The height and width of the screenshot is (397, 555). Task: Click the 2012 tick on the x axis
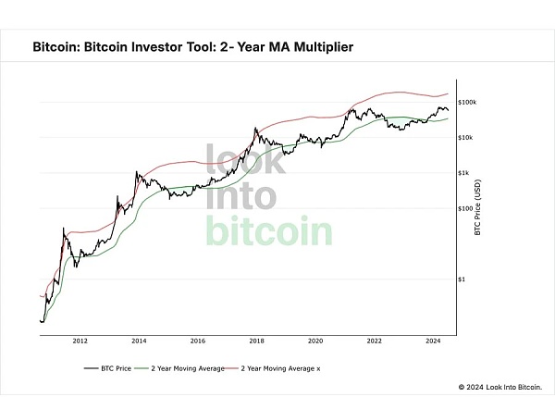(x=80, y=340)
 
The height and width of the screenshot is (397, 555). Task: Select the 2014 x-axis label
(x=139, y=340)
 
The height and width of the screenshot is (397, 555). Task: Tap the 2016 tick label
(x=198, y=340)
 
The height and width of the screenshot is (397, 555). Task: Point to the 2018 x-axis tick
(x=257, y=340)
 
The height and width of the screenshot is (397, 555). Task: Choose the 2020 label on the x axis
(x=315, y=340)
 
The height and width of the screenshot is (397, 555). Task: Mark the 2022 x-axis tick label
(x=375, y=340)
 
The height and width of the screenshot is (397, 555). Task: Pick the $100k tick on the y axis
(x=466, y=103)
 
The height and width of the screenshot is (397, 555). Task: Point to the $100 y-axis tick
(x=463, y=208)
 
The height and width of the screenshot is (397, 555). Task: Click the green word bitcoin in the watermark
(x=270, y=230)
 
